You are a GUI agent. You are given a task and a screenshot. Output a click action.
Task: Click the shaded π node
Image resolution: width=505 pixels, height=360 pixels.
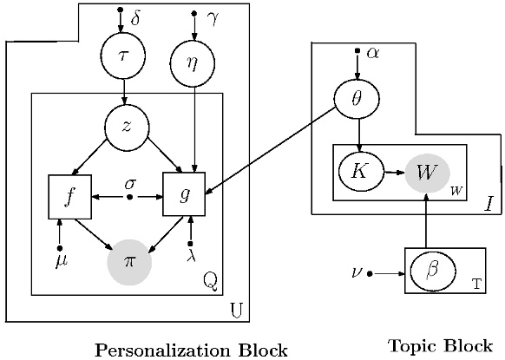click(129, 259)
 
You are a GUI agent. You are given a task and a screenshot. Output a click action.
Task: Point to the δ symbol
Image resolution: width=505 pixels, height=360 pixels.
click(134, 17)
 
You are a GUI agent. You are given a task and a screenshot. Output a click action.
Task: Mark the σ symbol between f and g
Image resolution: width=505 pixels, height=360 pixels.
click(129, 183)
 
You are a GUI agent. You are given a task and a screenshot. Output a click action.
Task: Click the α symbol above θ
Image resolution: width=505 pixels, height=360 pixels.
click(373, 52)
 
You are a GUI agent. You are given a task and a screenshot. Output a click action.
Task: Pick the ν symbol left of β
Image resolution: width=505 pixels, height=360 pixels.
click(356, 272)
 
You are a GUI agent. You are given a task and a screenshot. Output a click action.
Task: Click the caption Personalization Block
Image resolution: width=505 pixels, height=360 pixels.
click(190, 350)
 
